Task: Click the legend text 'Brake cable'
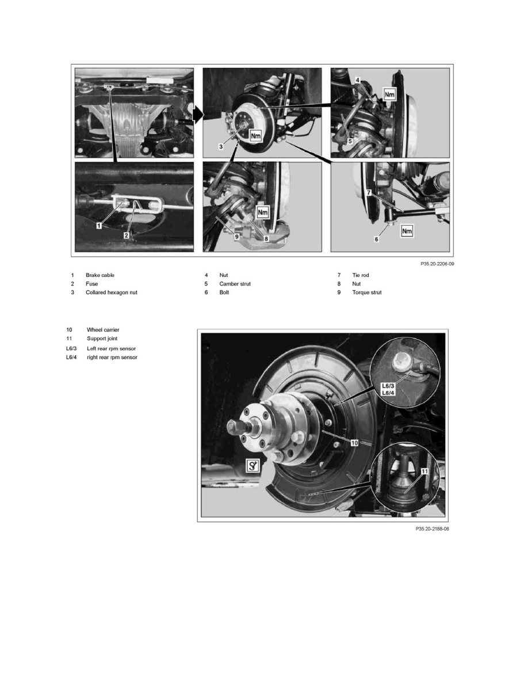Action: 100,275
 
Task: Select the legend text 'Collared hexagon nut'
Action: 111,292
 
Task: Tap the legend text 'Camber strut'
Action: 235,284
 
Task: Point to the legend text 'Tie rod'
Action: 360,275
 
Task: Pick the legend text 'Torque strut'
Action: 367,292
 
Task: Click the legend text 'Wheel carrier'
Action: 103,330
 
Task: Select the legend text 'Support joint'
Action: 102,339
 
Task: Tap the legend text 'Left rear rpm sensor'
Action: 111,349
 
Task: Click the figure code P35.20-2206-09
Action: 437,264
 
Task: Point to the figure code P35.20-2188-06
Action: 432,529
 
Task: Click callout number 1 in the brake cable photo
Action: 100,226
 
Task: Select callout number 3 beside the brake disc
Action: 221,147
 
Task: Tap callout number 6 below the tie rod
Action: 376,239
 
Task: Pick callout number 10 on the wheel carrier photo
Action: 355,443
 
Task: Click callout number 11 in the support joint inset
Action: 424,471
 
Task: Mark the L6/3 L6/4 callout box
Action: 388,389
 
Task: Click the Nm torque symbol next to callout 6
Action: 407,231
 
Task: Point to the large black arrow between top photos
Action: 198,115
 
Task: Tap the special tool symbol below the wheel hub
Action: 252,466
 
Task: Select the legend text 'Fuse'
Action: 91,284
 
